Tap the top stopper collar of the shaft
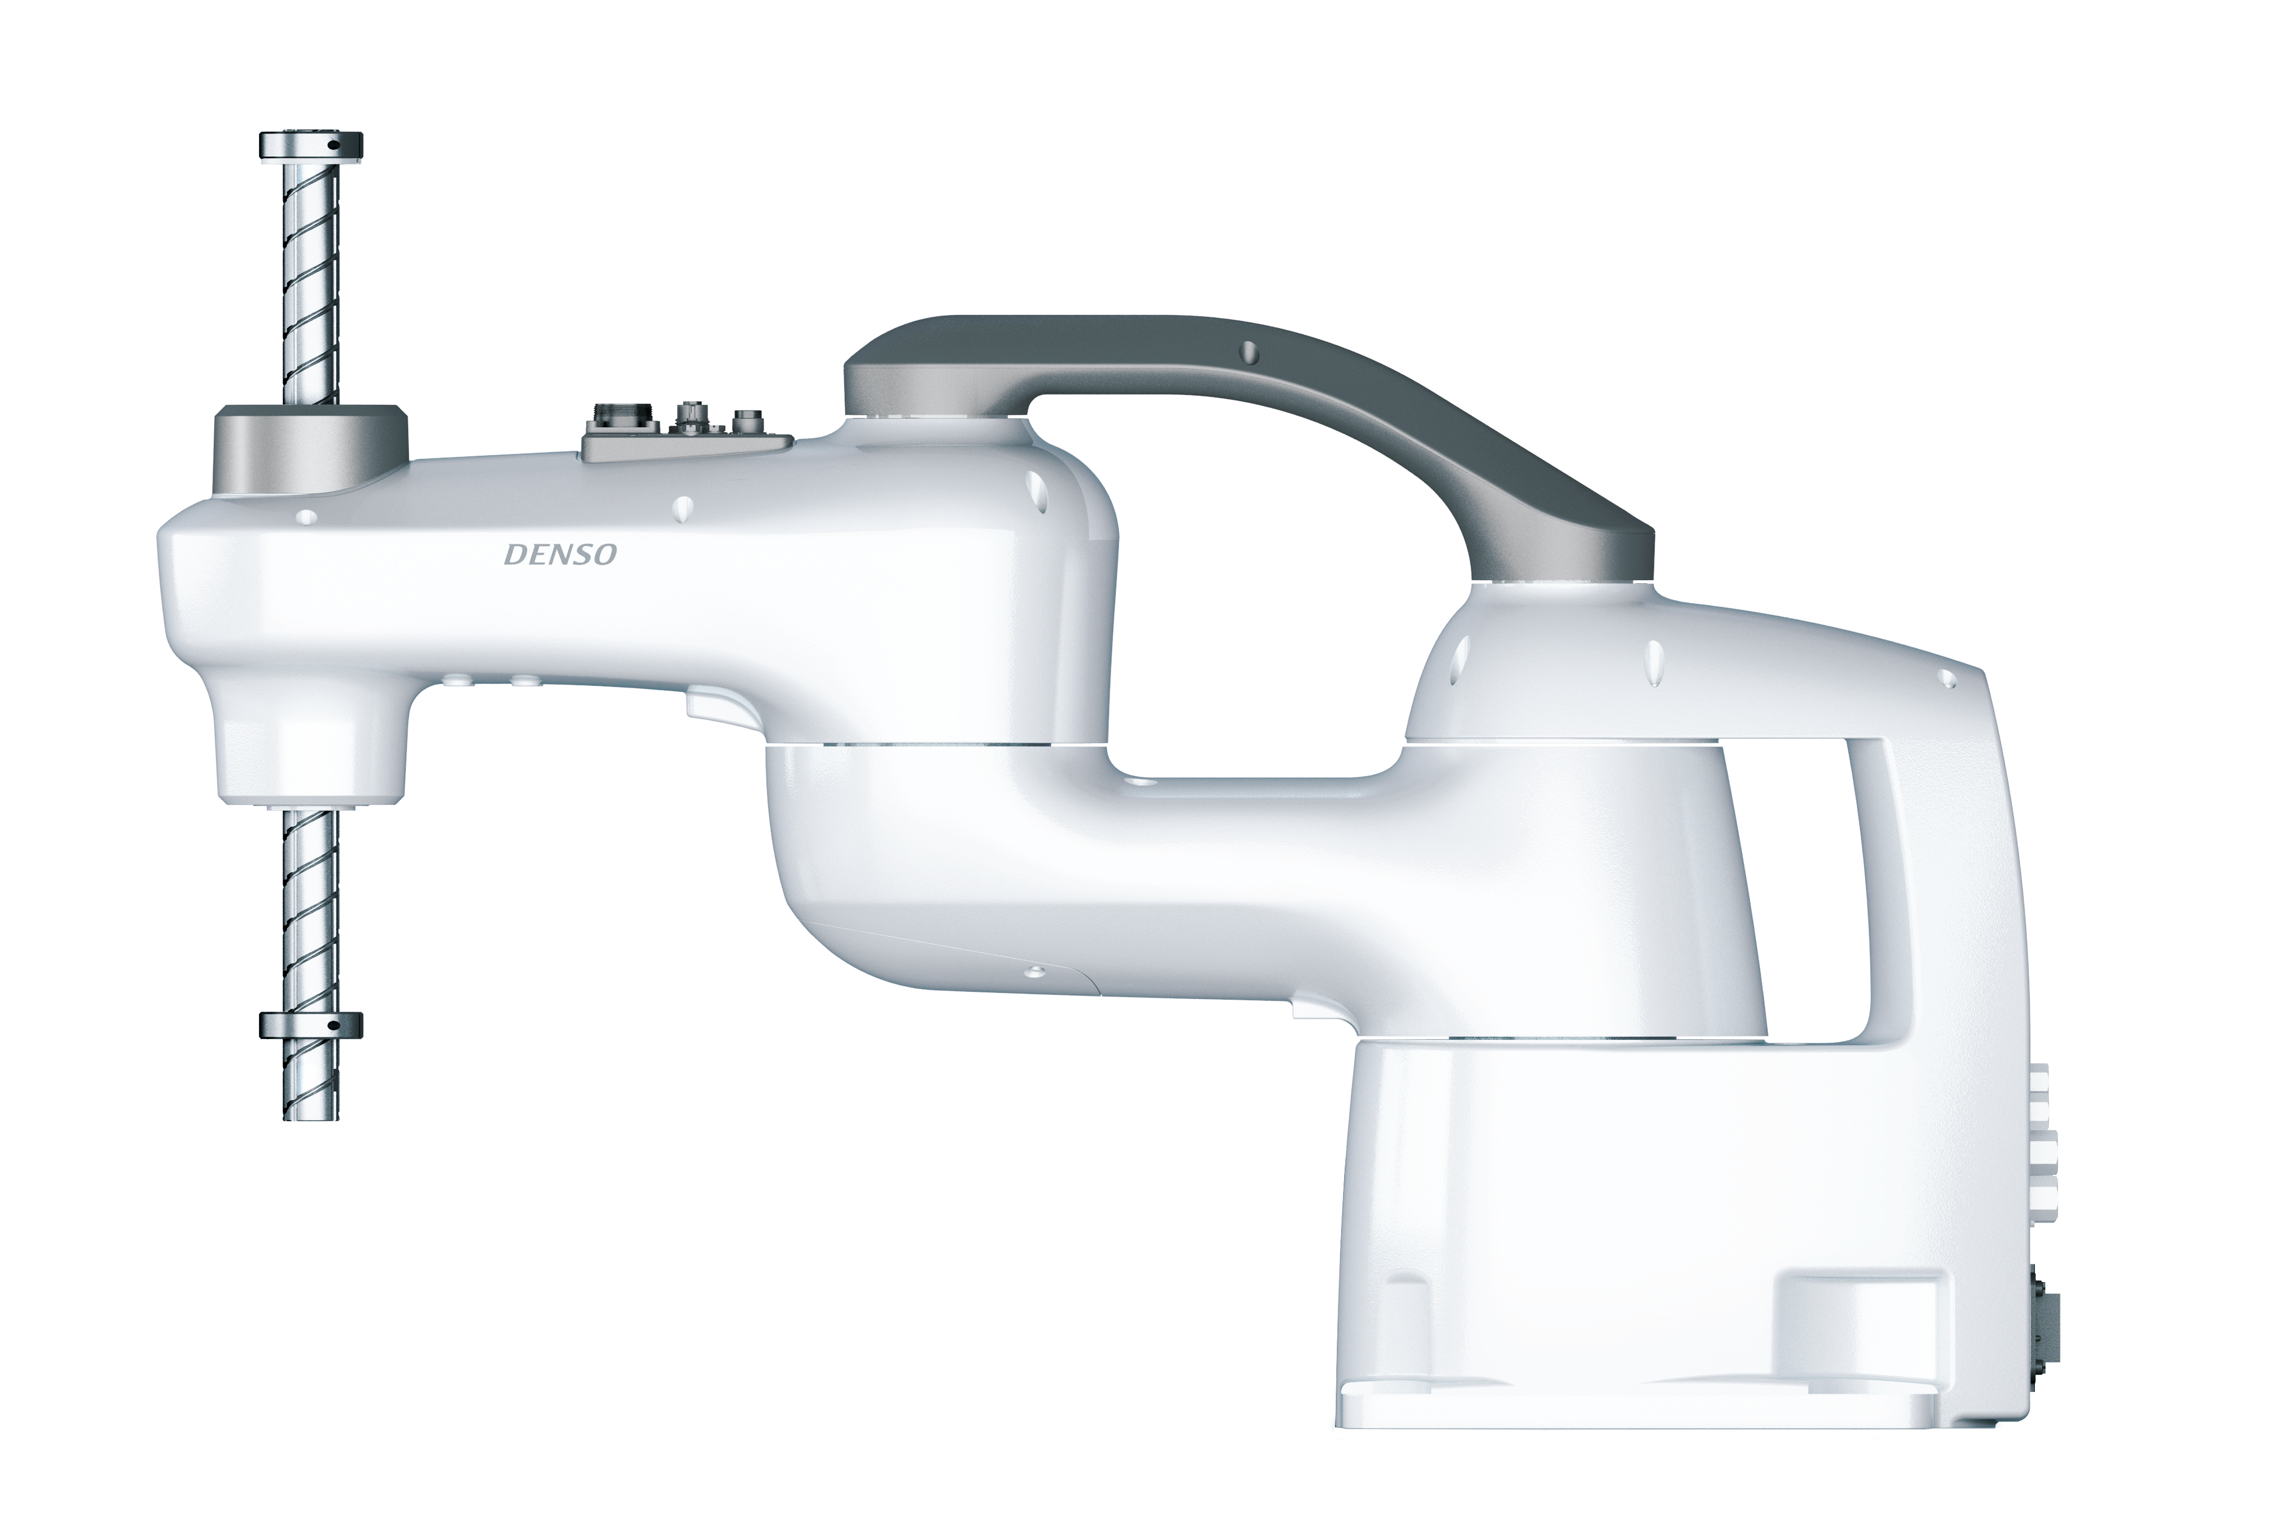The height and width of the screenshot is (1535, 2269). [x=311, y=146]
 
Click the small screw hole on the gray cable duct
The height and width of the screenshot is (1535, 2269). [x=1247, y=352]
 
